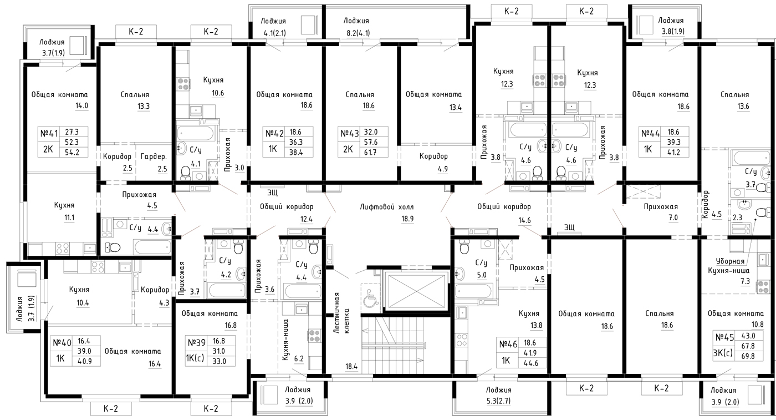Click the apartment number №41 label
[x=49, y=133]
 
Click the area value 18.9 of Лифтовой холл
[x=407, y=219]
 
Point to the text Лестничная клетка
[x=341, y=313]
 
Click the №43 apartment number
[x=349, y=133]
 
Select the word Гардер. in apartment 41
[x=154, y=157]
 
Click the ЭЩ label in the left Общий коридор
[x=272, y=193]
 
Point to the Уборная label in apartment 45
[x=730, y=261]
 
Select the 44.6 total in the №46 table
[x=530, y=363]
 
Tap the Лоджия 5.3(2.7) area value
[x=498, y=401]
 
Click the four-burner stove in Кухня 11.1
[x=63, y=249]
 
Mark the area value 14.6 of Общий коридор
[x=524, y=220]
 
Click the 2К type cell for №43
[x=348, y=149]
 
